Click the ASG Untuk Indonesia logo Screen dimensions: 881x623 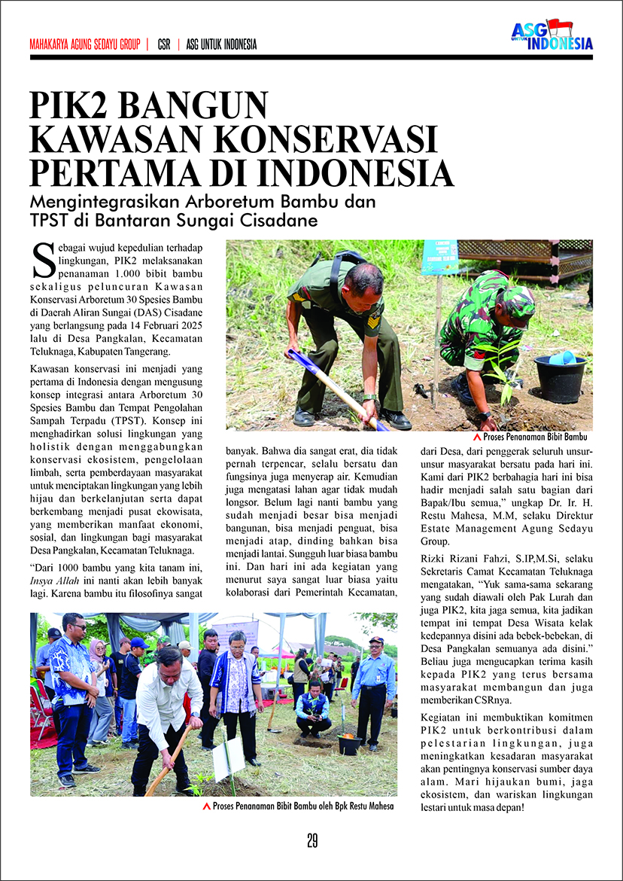pyautogui.click(x=552, y=35)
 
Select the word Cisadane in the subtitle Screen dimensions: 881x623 pyautogui.click(x=284, y=221)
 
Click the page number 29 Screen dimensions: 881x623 pyautogui.click(x=311, y=840)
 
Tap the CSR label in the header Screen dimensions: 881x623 pyautogui.click(x=164, y=44)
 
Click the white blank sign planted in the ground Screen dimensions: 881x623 pyautogui.click(x=229, y=758)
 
